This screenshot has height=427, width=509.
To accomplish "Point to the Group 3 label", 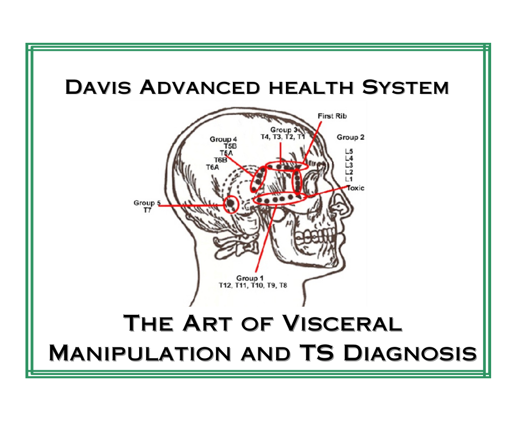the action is pyautogui.click(x=284, y=130).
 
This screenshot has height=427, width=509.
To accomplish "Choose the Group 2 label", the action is pyautogui.click(x=350, y=138).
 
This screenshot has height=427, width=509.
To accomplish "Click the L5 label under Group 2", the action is pyautogui.click(x=349, y=151).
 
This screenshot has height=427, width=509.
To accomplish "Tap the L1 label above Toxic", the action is pyautogui.click(x=349, y=179).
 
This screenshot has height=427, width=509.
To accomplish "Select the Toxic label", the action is pyautogui.click(x=355, y=188).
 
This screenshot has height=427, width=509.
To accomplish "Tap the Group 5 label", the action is pyautogui.click(x=147, y=203).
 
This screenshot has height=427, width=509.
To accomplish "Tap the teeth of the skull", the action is pyautogui.click(x=314, y=236).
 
